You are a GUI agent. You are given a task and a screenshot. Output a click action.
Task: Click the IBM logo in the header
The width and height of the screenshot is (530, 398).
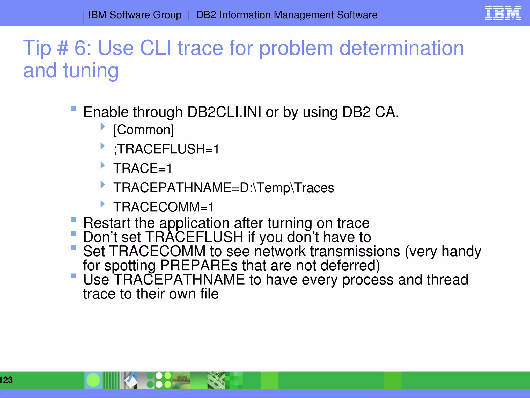point(503,13)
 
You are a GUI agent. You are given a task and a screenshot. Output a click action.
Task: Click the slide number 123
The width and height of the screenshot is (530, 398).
point(6,380)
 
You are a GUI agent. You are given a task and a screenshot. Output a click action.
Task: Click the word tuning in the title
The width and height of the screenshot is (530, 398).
point(91,71)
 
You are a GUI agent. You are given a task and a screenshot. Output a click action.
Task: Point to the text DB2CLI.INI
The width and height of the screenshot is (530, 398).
point(224,112)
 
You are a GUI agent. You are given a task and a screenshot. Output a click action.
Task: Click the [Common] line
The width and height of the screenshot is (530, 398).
point(144,130)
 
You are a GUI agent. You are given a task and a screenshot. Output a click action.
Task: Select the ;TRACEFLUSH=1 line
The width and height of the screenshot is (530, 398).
point(166,149)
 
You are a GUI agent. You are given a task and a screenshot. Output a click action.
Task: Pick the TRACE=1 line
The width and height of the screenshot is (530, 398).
point(143,168)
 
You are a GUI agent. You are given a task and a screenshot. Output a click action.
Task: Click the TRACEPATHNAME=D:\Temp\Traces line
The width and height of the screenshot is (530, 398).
point(224,188)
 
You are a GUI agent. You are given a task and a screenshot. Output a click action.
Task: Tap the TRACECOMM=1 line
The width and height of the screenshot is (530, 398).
point(164,207)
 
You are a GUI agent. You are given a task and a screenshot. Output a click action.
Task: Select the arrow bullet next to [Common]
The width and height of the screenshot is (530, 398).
point(102,127)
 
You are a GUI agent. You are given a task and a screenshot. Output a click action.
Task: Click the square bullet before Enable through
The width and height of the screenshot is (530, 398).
point(73,108)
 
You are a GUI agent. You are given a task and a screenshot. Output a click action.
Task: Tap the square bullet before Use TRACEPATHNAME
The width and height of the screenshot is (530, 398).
point(73,276)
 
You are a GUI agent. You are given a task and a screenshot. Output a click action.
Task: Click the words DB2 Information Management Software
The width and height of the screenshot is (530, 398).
point(287,15)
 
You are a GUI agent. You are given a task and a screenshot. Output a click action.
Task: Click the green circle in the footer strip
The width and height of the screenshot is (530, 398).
point(93,380)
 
